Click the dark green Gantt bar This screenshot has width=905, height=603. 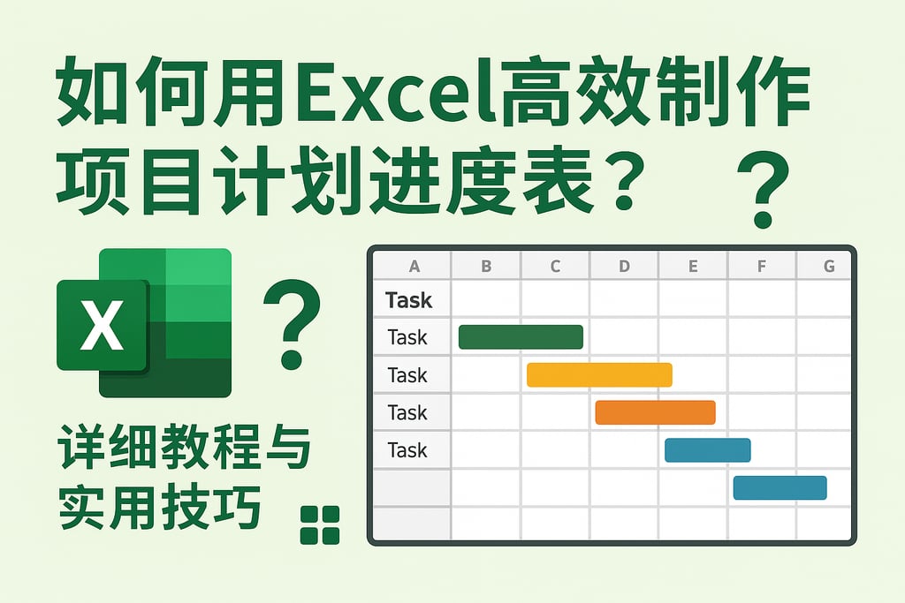pos(521,337)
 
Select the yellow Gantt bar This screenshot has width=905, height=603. pos(599,375)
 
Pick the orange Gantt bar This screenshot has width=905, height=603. pos(655,412)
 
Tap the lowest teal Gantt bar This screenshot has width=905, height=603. pos(780,488)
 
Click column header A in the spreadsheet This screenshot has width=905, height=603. pos(414,266)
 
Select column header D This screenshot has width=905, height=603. pos(624,266)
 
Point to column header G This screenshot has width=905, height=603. pos(828,266)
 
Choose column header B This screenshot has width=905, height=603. pos(486,266)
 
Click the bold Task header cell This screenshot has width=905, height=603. pos(409,300)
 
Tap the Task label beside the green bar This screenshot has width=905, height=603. pos(407,337)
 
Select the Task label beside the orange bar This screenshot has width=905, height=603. pos(407,412)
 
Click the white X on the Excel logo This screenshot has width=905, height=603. pos(101,325)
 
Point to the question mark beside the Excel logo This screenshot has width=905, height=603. pos(292,323)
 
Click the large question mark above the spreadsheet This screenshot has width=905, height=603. pos(763,188)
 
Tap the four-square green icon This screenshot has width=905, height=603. pos(320,524)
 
